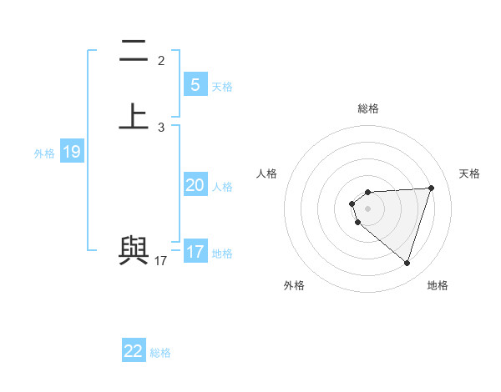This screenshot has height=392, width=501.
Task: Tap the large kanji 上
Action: pos(134,116)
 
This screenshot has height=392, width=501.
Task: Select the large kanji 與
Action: pos(134,250)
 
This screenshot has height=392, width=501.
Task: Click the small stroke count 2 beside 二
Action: pos(161,61)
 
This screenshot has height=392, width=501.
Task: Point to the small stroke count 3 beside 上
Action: pos(161,128)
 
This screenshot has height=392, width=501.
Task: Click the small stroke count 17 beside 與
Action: pos(161,261)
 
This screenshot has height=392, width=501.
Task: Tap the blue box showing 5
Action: pos(195,84)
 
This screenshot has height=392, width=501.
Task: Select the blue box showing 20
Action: pos(195,185)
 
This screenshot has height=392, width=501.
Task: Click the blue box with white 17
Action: pos(195,252)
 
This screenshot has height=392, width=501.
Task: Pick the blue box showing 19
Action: pos(72,152)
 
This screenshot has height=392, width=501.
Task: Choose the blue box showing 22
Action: pos(134,351)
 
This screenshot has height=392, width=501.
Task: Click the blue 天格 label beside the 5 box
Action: pos(222,87)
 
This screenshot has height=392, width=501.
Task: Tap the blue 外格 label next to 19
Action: pos(44,153)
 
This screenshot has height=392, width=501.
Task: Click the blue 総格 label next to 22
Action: pos(160,353)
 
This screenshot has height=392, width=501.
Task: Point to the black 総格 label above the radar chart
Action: pos(368,108)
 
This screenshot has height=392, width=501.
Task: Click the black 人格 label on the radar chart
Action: pos(267,173)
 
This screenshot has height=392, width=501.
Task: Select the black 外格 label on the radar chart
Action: pos(294,285)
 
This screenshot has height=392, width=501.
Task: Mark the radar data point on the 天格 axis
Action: pos(432,188)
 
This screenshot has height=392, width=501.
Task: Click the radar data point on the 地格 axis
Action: pos(407,263)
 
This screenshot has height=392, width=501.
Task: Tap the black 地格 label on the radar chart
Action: pos(438,285)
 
